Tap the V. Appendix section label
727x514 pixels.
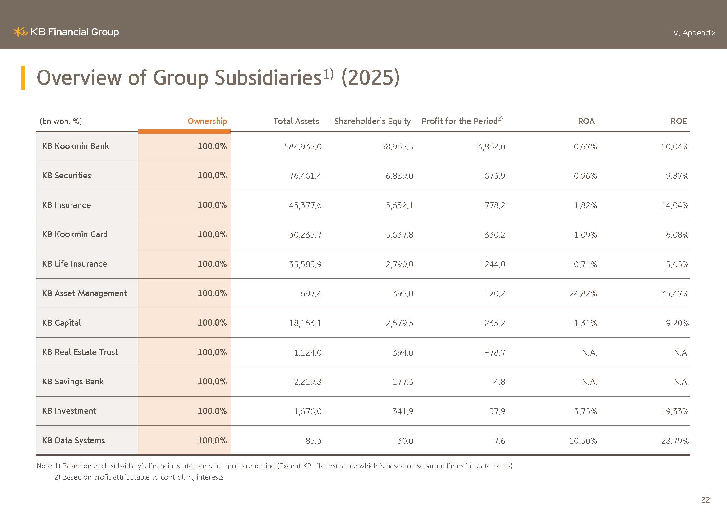[694, 33]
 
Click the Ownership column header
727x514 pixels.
[207, 121]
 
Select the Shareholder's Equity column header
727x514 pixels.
[372, 121]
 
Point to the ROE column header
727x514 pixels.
[679, 121]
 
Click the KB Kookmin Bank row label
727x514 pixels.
[75, 146]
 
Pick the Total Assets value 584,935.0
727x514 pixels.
[303, 147]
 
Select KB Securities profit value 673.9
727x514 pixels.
[495, 176]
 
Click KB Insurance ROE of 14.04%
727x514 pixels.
[675, 205]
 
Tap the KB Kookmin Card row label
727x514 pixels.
[75, 234]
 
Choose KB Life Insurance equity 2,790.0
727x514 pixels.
[399, 264]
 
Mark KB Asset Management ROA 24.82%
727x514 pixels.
[583, 294]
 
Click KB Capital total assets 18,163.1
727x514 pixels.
[305, 323]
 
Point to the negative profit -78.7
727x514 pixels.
[495, 353]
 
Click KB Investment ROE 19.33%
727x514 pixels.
[675, 411]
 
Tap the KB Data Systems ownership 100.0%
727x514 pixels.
[212, 440]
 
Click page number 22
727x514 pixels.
[705, 500]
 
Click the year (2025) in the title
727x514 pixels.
[370, 78]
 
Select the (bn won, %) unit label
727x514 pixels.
[61, 121]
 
